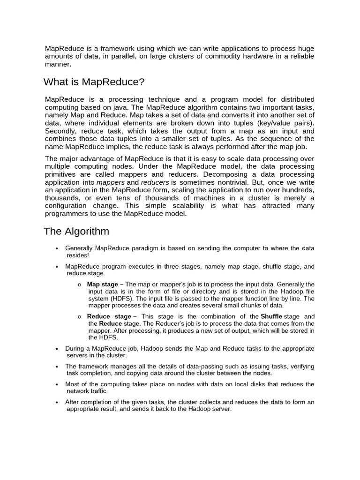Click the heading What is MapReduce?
[94, 82]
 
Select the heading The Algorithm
[76, 232]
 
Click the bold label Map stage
[103, 285]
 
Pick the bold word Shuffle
[271, 316]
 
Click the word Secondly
[61, 131]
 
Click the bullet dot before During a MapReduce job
[56, 349]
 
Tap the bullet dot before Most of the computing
[56, 385]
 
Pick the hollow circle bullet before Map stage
[80, 285]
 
